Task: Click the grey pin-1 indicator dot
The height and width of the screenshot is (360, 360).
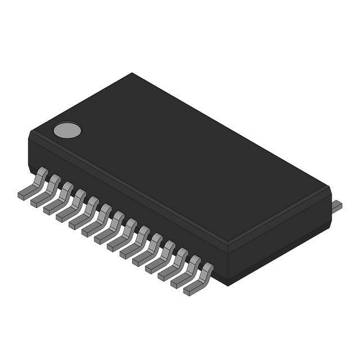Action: (67, 130)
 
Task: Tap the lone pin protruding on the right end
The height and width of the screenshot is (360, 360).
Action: (336, 206)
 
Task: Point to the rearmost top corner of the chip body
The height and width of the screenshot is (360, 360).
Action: (132, 74)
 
